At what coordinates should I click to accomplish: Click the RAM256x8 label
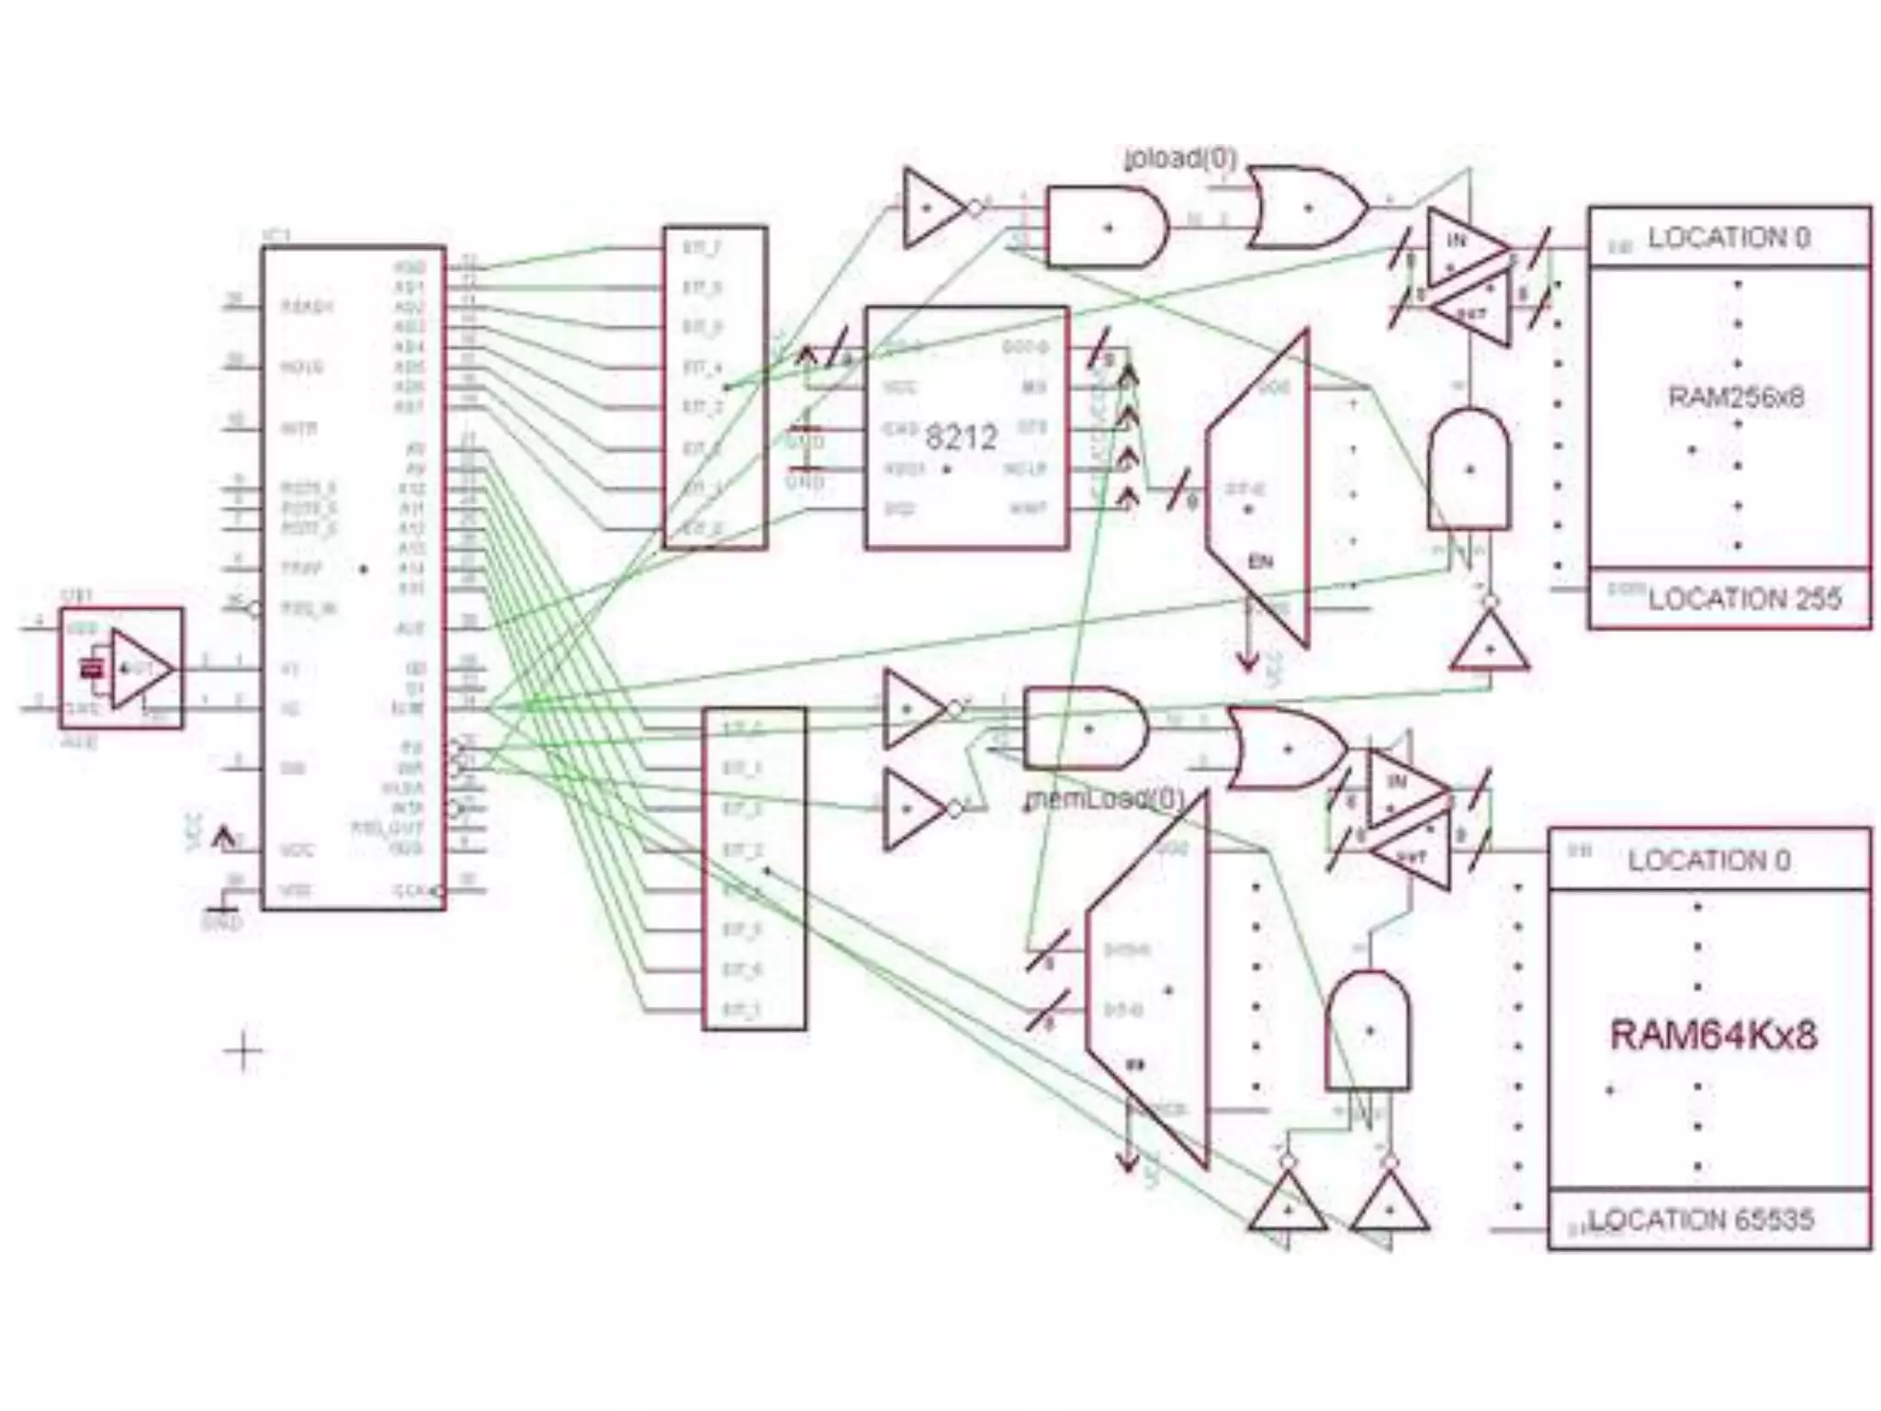(x=1735, y=397)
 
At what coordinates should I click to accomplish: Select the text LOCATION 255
(x=1744, y=599)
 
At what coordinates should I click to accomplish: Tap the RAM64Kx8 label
(x=1713, y=1035)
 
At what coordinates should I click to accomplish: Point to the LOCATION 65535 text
(x=1701, y=1220)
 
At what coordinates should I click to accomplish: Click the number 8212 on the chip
(x=961, y=436)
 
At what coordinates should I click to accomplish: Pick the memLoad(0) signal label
(x=1105, y=798)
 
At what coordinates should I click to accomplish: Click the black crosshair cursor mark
(x=243, y=1051)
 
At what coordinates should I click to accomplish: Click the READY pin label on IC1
(x=307, y=306)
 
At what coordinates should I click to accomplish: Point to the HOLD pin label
(x=302, y=367)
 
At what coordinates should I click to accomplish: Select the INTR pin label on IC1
(x=298, y=428)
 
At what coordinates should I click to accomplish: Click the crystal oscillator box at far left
(x=120, y=668)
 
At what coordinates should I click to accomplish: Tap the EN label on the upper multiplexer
(x=1260, y=561)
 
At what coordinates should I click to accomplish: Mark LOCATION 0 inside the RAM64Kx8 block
(x=1708, y=861)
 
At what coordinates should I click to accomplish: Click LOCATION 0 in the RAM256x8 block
(x=1729, y=238)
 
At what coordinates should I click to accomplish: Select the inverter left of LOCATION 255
(x=1489, y=643)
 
